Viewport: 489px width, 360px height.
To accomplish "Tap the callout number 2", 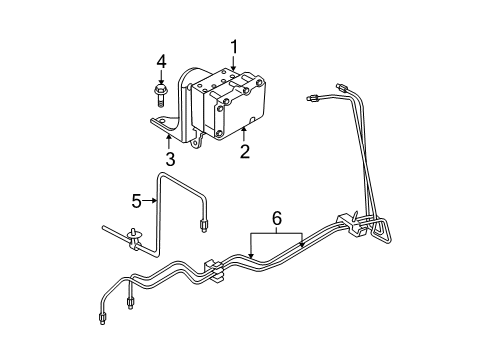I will coord(243,151).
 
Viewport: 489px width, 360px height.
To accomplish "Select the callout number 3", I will coord(170,158).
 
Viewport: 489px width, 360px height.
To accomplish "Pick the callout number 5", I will coord(138,200).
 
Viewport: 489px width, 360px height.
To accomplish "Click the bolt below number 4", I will coord(160,96).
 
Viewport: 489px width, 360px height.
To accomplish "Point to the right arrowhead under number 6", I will coord(302,245).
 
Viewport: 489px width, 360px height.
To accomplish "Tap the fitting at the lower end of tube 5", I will coord(204,252).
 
